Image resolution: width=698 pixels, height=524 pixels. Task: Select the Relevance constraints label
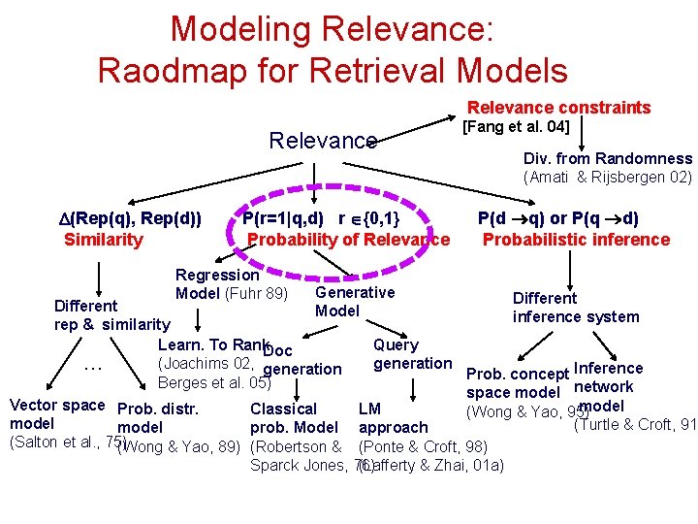click(x=559, y=108)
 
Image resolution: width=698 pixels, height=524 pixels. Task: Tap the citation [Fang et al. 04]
click(x=515, y=126)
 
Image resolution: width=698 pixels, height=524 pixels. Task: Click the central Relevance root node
click(x=323, y=141)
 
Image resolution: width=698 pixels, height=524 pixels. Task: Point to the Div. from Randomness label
click(x=608, y=158)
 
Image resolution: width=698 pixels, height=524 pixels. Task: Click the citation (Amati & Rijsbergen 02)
click(x=608, y=177)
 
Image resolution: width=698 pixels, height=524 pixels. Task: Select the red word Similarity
click(x=103, y=240)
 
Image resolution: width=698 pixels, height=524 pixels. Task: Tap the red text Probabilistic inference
click(x=577, y=240)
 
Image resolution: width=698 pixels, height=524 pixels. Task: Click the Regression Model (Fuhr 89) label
click(x=231, y=284)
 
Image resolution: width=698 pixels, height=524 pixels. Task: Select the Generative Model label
click(x=355, y=301)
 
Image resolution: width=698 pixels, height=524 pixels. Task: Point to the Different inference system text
click(x=576, y=308)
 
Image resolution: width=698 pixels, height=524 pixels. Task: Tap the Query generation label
click(x=412, y=354)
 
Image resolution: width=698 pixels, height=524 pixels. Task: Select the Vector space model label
click(x=55, y=414)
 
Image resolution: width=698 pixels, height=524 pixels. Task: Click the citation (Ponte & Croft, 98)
click(x=423, y=446)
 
